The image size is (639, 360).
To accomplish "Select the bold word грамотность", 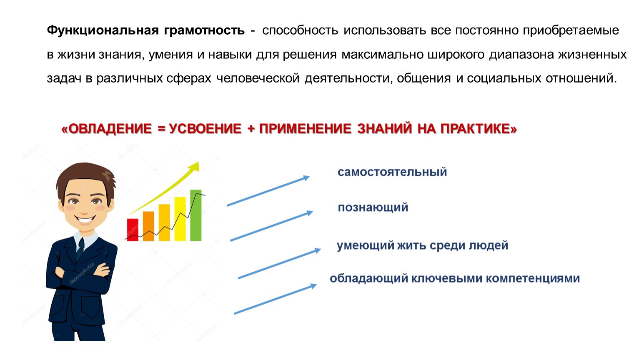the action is click(204, 30).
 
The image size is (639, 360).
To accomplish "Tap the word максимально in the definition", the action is click(383, 54).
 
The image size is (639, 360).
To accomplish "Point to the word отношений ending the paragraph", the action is click(581, 78).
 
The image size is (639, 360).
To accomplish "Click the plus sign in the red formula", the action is click(251, 129).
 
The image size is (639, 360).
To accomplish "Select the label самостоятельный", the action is click(392, 172).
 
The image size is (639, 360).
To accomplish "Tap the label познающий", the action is click(373, 207).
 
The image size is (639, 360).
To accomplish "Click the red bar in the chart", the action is click(133, 230).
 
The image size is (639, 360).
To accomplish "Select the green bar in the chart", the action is click(195, 215).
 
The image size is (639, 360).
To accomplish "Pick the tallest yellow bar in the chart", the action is click(180, 219).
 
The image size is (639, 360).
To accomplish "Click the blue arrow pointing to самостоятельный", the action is click(268, 190).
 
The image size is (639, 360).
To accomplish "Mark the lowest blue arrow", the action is click(275, 299).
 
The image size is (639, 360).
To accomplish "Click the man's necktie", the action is click(80, 250).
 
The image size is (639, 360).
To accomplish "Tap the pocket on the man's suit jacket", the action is click(91, 307).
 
